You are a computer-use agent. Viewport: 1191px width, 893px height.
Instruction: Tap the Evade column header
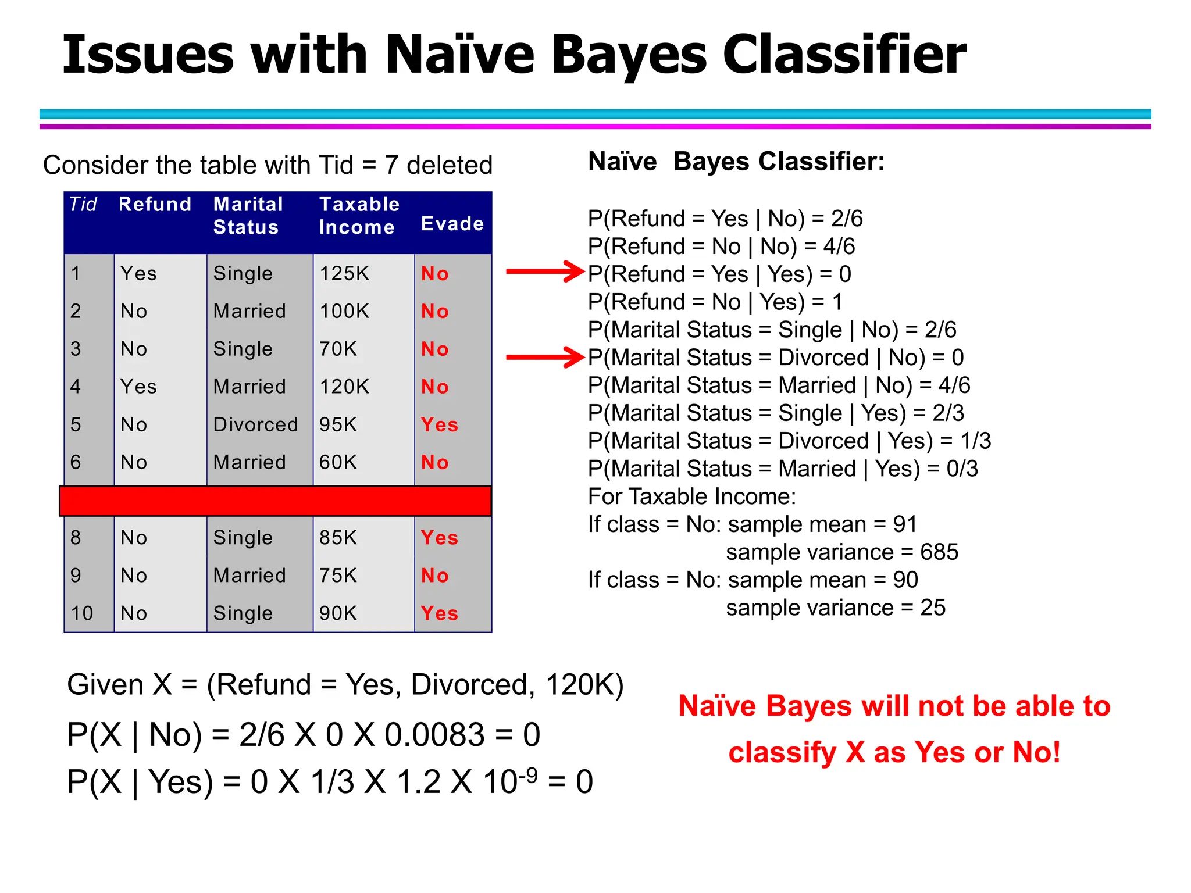452,224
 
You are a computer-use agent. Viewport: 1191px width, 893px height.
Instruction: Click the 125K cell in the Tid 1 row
344,273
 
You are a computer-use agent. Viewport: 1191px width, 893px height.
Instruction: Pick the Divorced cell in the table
255,424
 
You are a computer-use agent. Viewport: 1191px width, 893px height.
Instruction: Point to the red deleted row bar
275,501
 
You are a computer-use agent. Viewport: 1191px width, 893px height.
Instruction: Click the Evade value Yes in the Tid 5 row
439,424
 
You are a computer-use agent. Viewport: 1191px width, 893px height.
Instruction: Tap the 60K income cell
338,462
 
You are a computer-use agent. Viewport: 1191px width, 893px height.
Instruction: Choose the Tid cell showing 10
82,613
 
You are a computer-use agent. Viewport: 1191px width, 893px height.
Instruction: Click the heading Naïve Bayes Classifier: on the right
736,162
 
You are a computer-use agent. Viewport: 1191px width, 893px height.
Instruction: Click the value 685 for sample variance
939,552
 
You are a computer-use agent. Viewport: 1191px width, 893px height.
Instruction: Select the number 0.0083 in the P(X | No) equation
434,735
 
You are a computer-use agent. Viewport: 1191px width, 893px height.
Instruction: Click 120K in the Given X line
583,685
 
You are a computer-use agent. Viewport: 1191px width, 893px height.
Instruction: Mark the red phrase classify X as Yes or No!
894,752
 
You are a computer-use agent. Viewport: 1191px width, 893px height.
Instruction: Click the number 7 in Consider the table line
391,166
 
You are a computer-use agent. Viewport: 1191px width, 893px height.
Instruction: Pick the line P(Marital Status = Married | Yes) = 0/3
783,469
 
